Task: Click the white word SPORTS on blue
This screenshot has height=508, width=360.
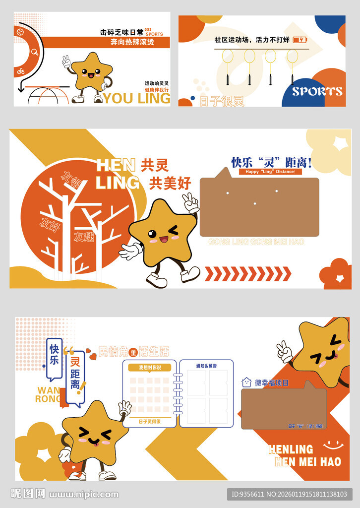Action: tap(317, 92)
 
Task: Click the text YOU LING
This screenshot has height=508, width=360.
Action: tap(136, 98)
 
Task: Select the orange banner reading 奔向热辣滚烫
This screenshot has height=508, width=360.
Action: tap(132, 42)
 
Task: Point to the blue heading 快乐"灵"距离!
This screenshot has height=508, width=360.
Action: tap(271, 162)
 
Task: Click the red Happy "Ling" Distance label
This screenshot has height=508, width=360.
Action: tap(270, 172)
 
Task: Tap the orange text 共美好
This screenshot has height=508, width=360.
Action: tap(170, 184)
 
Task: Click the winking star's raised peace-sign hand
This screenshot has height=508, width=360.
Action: tap(190, 202)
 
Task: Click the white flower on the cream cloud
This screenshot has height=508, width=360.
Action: tap(342, 143)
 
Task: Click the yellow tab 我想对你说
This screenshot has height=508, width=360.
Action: tap(150, 368)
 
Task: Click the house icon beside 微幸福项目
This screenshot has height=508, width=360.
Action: tap(246, 382)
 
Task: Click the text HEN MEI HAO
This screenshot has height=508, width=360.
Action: tap(308, 462)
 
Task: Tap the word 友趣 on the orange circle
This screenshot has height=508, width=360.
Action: tap(84, 237)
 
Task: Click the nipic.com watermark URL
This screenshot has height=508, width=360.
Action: tap(84, 494)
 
